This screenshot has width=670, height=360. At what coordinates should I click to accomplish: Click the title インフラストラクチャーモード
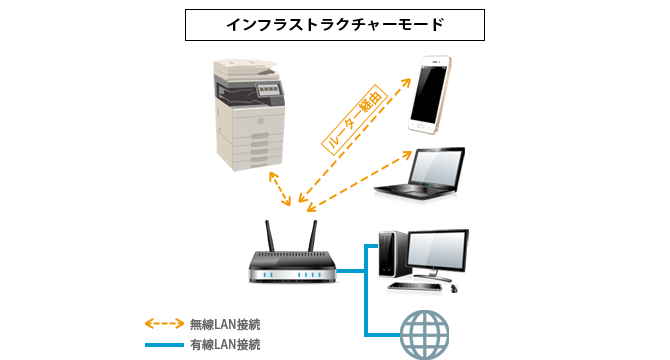click(335, 25)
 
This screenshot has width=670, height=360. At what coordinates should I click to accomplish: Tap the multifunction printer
click(249, 114)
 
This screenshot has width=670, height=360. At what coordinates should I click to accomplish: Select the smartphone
click(429, 94)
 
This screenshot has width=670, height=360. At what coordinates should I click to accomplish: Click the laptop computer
click(420, 173)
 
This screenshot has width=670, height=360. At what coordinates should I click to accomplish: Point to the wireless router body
click(293, 266)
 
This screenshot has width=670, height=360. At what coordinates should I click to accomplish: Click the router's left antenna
click(270, 236)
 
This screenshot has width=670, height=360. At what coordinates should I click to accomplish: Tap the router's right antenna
click(313, 236)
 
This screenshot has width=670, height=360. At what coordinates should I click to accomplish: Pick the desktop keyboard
click(414, 287)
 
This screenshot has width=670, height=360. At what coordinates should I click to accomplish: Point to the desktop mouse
click(453, 289)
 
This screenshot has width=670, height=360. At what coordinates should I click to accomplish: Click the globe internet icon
click(424, 335)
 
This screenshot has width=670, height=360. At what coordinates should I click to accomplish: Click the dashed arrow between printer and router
click(280, 189)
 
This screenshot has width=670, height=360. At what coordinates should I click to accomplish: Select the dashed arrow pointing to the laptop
click(359, 181)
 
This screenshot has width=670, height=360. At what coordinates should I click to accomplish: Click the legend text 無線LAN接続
click(225, 325)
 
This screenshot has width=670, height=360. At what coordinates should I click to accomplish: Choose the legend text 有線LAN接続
click(225, 345)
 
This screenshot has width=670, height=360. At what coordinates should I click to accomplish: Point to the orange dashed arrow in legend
click(165, 324)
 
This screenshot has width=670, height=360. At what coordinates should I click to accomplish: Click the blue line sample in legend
click(165, 345)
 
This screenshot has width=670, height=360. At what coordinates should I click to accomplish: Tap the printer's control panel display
click(268, 89)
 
